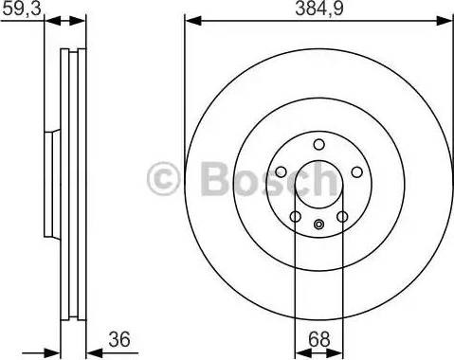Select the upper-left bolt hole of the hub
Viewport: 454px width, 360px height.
tap(281, 171)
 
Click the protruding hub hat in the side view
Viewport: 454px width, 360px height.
tap(49, 184)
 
